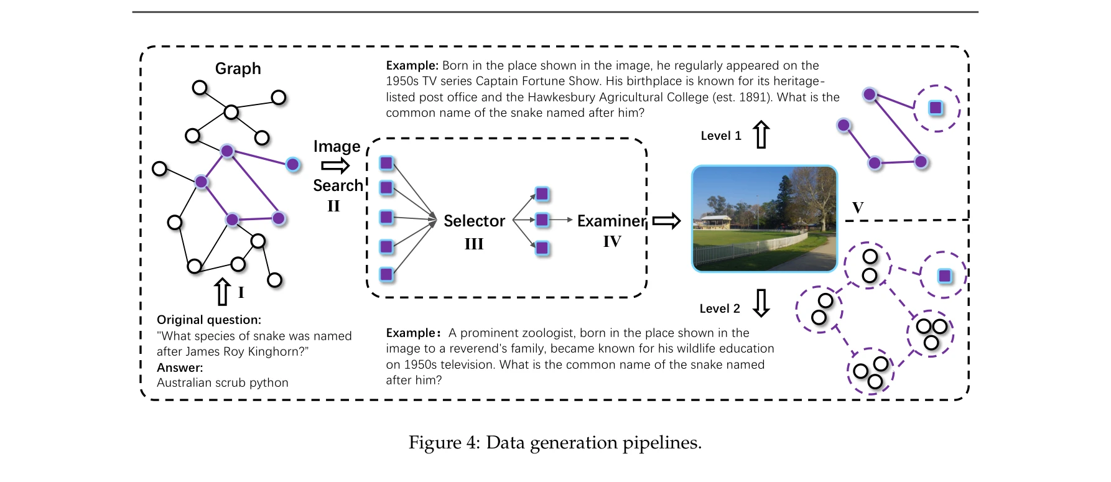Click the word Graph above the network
click(238, 68)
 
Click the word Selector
click(474, 221)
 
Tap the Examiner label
click(611, 221)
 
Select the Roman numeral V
click(858, 208)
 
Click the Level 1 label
click(720, 136)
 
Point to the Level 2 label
click(719, 308)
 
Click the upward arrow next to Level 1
click(761, 134)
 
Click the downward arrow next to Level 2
click(761, 303)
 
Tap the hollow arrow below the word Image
click(335, 165)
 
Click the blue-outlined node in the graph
click(293, 164)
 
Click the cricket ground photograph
click(765, 218)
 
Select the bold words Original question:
click(208, 320)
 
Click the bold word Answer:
click(180, 367)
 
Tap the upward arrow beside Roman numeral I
click(222, 292)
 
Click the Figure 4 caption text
click(555, 443)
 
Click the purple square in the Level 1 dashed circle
click(936, 108)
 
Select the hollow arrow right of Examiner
click(666, 221)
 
